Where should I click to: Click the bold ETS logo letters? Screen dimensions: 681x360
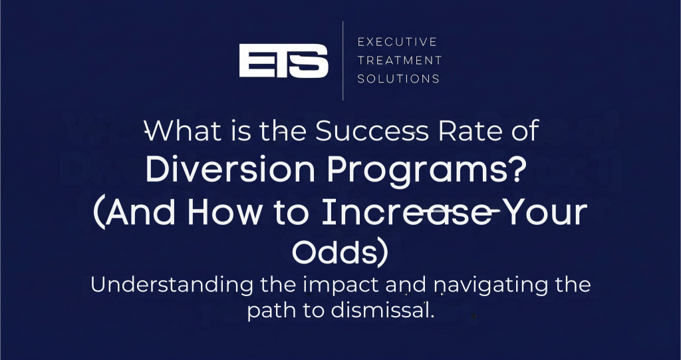click(283, 61)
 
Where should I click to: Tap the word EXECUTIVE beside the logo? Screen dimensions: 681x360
click(398, 42)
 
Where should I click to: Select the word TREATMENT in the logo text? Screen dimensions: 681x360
click(400, 61)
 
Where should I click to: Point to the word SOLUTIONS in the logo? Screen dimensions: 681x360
click(399, 79)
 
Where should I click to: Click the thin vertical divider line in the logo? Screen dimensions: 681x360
click(342, 61)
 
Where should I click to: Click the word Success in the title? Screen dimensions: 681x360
click(372, 130)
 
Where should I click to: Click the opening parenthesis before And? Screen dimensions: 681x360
click(100, 213)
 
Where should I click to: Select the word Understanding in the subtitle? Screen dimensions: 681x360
click(172, 286)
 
